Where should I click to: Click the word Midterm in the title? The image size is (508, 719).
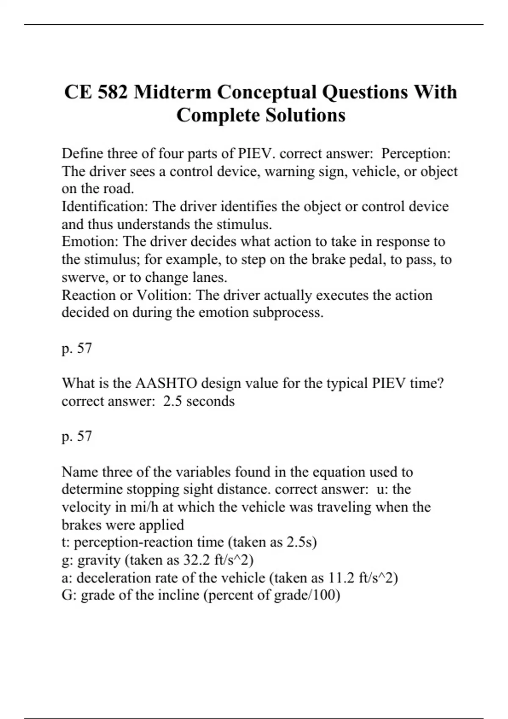(172, 92)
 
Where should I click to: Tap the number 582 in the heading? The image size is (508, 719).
(113, 92)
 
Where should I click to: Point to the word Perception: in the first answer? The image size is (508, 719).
(416, 154)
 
